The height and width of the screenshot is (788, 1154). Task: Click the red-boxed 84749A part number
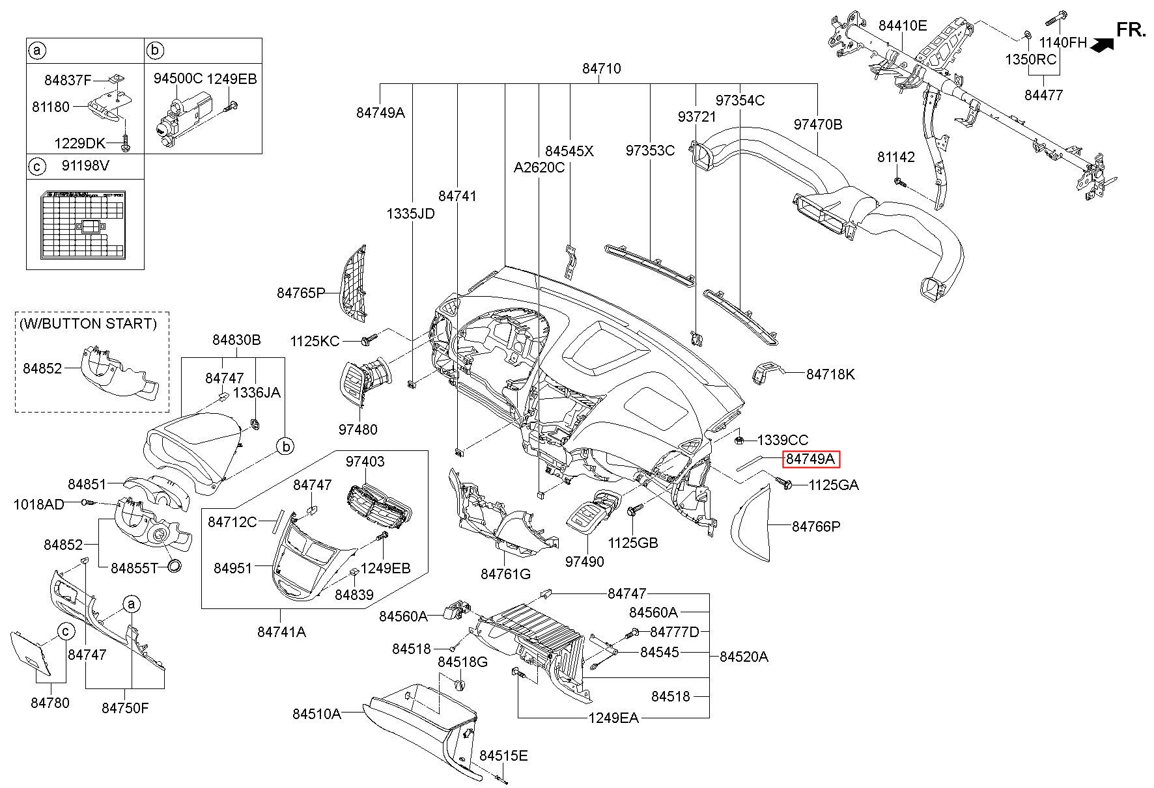click(811, 459)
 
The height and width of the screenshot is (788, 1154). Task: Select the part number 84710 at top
click(601, 68)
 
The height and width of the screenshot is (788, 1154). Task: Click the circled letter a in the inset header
click(37, 50)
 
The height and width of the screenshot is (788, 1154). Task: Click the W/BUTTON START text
click(88, 323)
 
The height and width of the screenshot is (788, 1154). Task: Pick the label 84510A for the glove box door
click(317, 714)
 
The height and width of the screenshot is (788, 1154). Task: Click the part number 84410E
click(902, 26)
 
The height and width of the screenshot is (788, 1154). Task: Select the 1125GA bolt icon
click(783, 483)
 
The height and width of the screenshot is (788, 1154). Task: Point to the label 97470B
click(817, 124)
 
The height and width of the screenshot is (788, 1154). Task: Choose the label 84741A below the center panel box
click(281, 631)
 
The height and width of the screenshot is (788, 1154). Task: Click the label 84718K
click(830, 374)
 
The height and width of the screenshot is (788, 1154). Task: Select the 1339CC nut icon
click(740, 441)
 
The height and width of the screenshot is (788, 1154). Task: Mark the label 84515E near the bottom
click(503, 755)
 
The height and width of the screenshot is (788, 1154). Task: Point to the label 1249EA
click(613, 718)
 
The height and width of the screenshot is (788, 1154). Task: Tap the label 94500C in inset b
click(178, 79)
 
